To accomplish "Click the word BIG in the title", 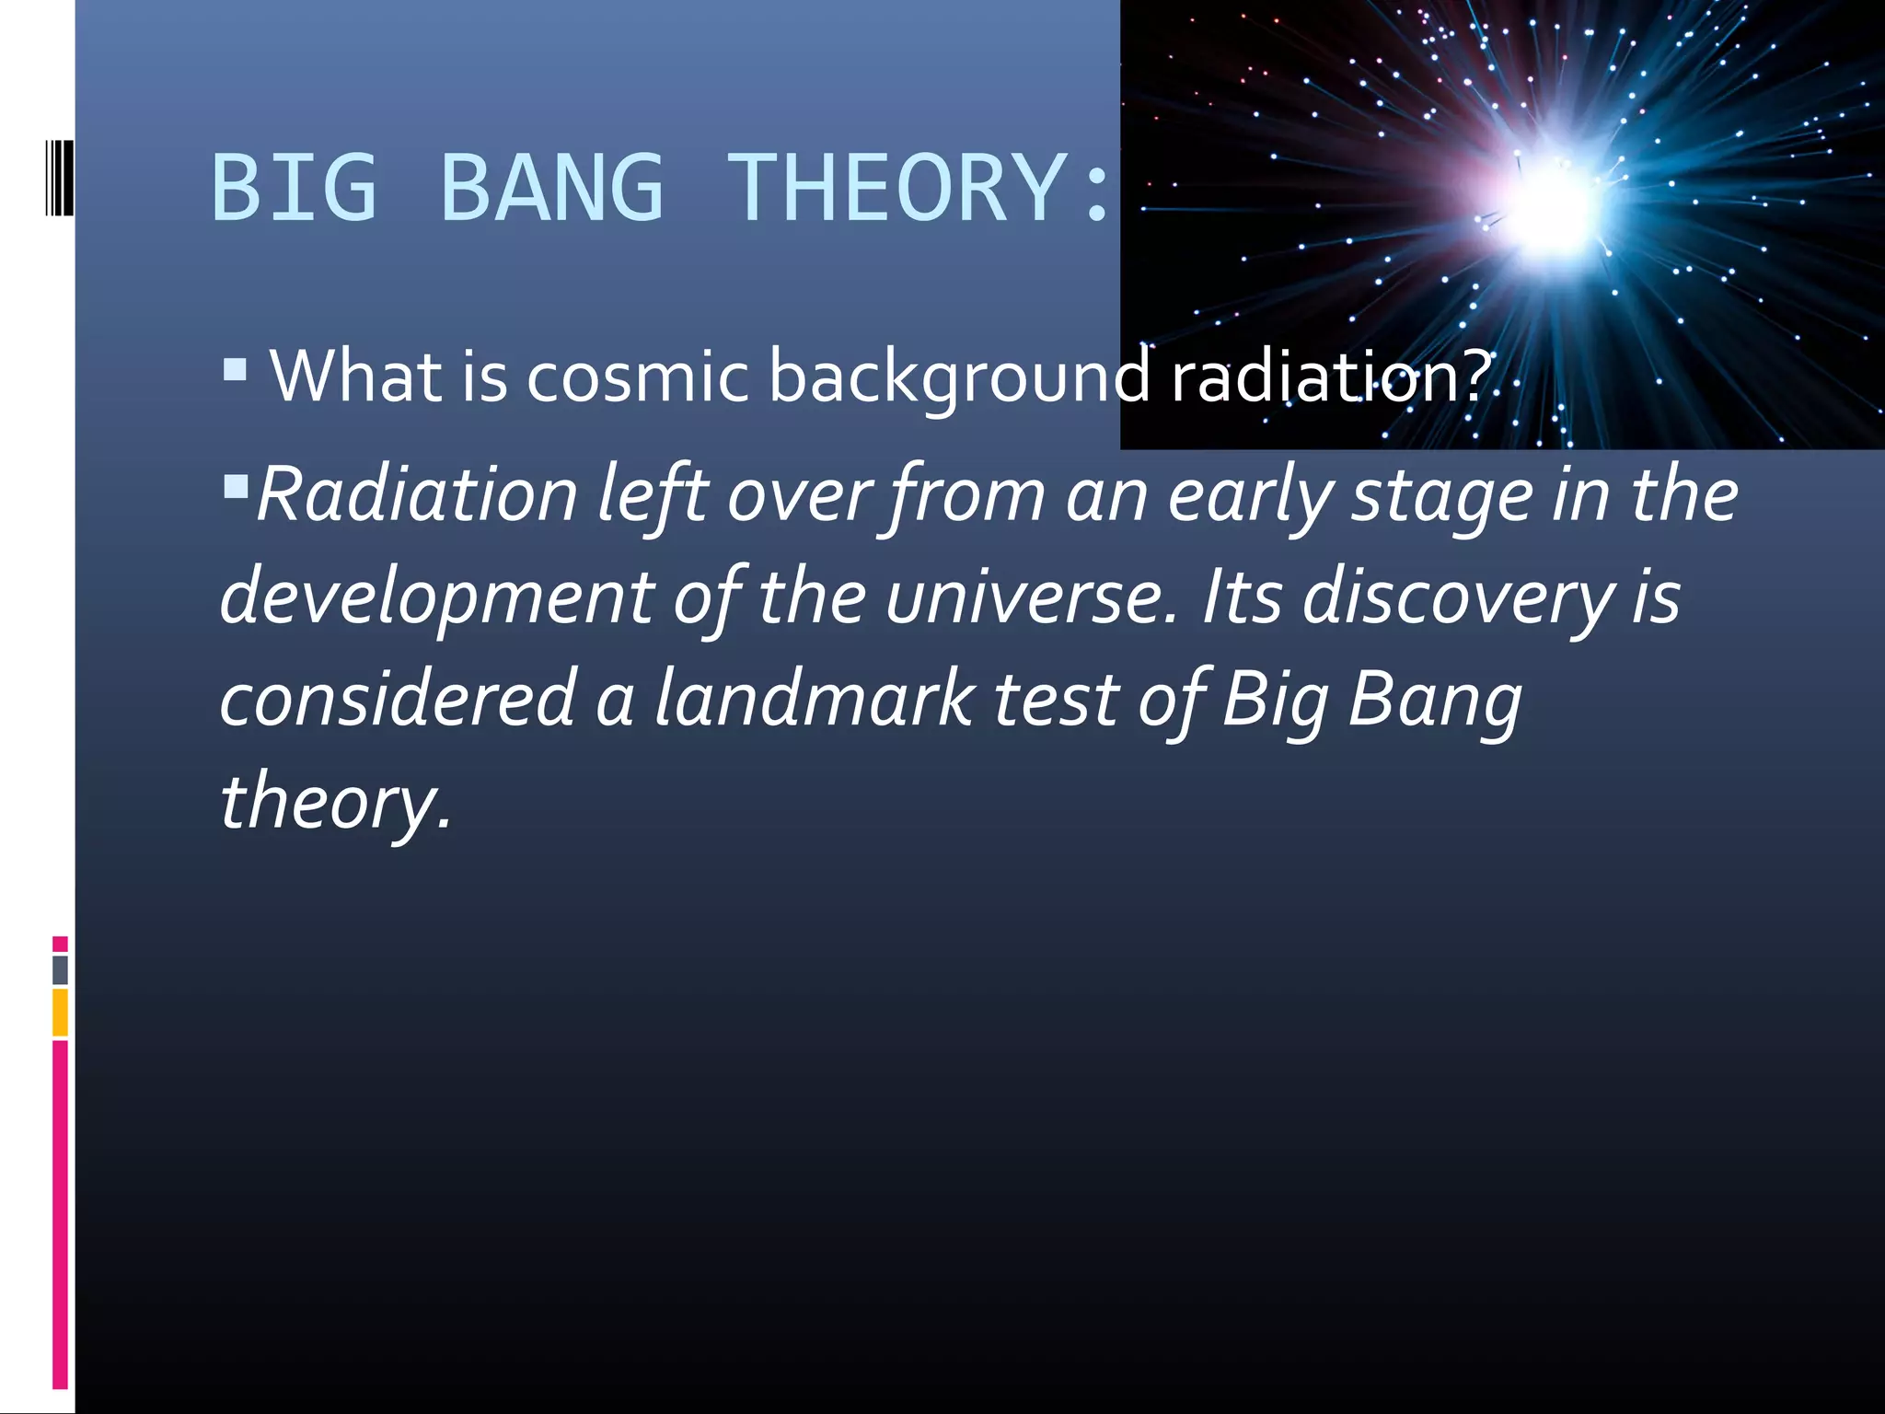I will pos(294,188).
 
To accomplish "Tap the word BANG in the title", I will pos(551,188).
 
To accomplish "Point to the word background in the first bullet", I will pos(959,377).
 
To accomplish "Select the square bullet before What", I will pos(236,370).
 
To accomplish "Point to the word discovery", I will pos(1458,598).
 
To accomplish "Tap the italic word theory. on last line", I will pos(335,802).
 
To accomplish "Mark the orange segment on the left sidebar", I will pos(60,1012).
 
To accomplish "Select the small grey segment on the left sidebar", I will pos(60,969).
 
